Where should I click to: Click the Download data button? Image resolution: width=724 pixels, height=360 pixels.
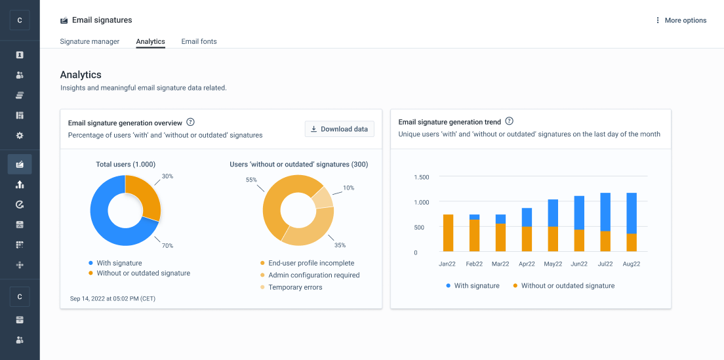[340, 129]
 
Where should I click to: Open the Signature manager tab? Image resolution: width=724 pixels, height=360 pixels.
[90, 41]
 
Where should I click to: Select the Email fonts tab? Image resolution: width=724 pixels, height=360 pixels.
[199, 41]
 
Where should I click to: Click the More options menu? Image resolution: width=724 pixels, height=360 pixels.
[681, 20]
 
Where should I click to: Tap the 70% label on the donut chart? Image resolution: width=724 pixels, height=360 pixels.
[167, 246]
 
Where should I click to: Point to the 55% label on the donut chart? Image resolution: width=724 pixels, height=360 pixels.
[251, 180]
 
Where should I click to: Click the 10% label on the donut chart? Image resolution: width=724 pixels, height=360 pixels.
[348, 188]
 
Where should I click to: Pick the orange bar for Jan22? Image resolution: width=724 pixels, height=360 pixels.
[449, 233]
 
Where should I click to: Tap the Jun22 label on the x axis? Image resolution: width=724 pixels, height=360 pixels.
[579, 264]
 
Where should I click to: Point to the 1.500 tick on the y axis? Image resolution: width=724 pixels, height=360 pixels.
[421, 177]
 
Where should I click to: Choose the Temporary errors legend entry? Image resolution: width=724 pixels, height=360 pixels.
[295, 287]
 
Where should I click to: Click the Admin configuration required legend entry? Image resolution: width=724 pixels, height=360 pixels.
[313, 275]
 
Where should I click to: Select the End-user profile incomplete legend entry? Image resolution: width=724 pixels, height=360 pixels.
[311, 263]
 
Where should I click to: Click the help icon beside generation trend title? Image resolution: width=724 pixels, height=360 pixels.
[510, 121]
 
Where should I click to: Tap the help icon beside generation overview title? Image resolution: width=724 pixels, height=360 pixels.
[191, 122]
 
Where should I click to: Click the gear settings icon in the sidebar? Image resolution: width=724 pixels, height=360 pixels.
[20, 136]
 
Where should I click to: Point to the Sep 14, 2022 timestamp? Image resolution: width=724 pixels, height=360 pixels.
[113, 298]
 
